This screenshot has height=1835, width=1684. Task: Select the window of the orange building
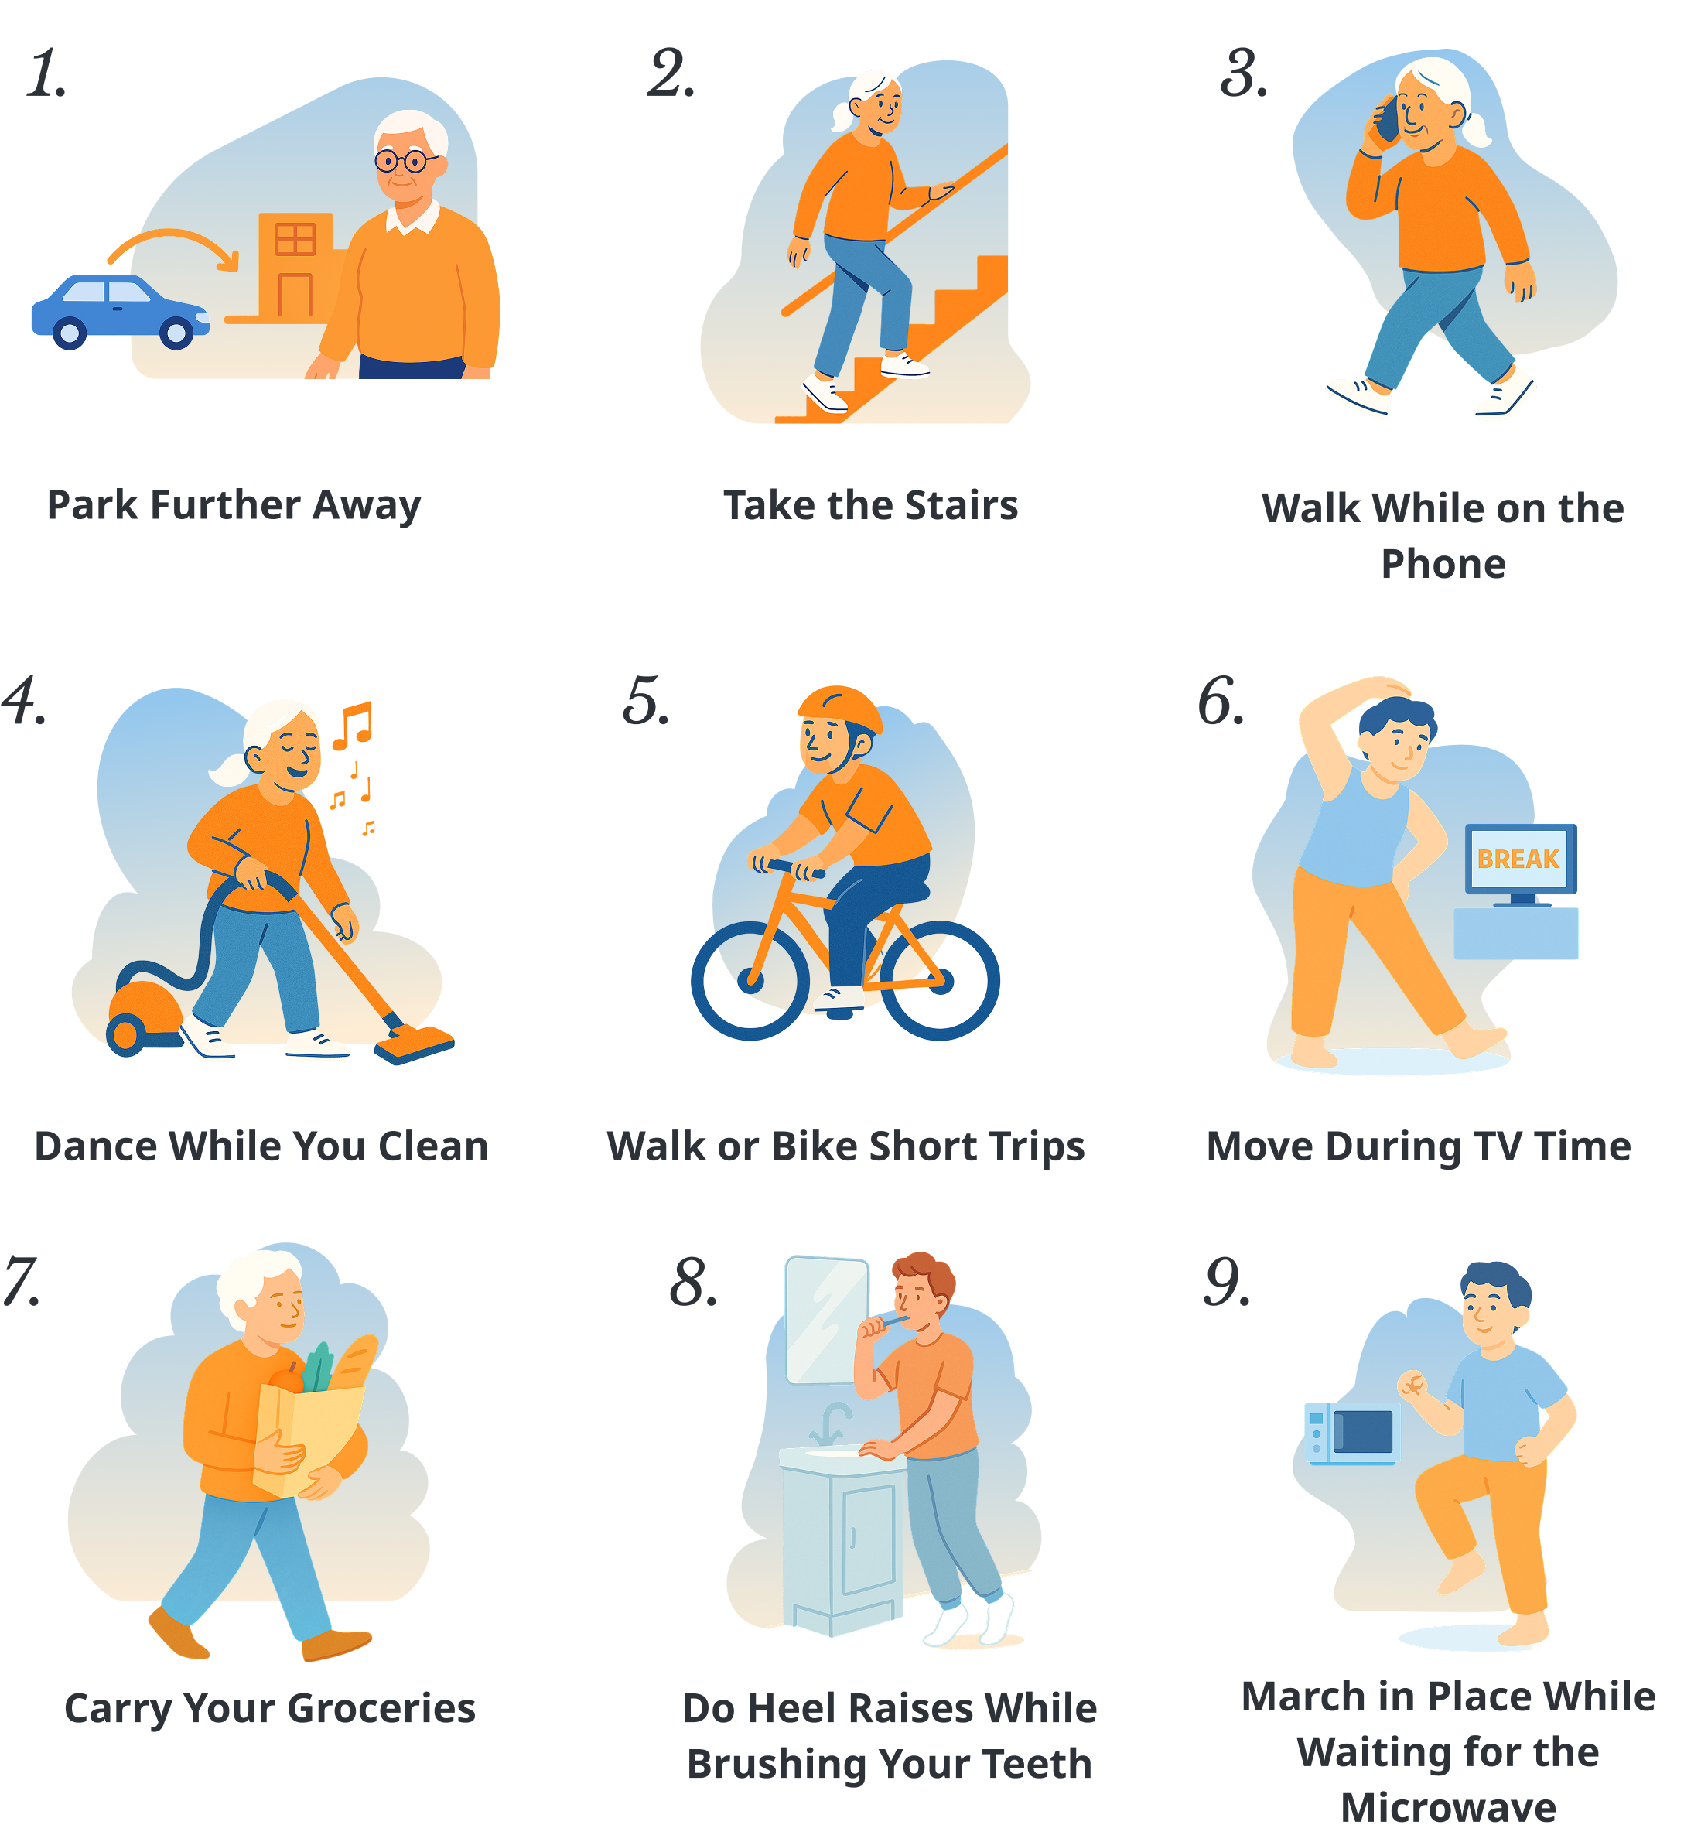point(295,239)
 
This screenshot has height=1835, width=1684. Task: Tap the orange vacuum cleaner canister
point(145,1017)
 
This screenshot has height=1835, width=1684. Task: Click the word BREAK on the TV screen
point(1518,859)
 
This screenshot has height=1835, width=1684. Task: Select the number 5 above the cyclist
point(646,701)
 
